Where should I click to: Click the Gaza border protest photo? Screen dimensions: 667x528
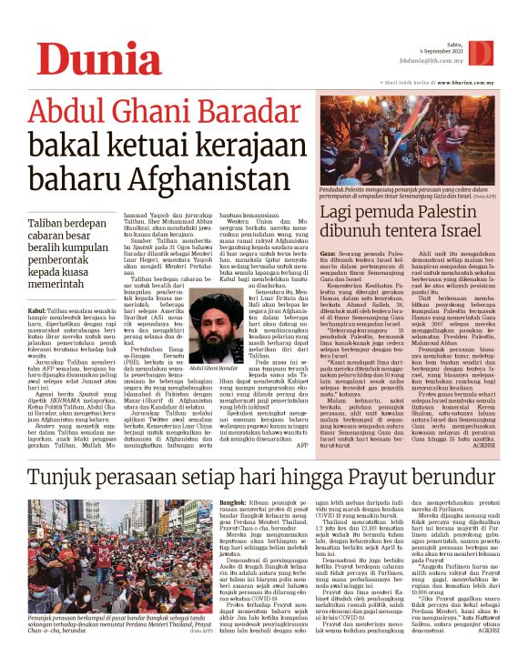[x=408, y=146]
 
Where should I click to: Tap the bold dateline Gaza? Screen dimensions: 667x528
[x=326, y=251]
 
